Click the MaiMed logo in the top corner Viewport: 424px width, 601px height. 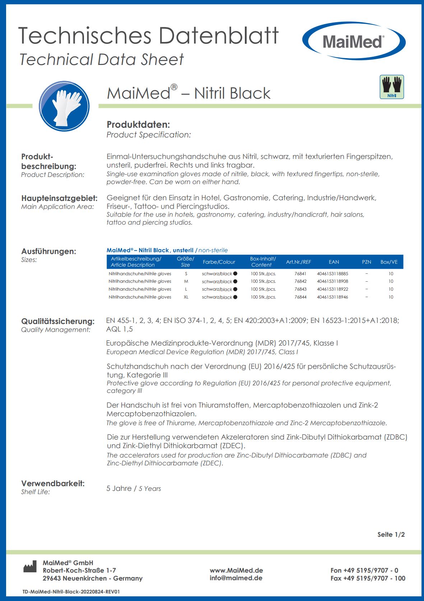[354, 42]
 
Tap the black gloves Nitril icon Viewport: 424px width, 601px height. [392, 86]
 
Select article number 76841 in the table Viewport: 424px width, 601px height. [300, 273]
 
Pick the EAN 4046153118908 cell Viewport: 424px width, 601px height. [332, 281]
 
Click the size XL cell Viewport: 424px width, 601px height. [186, 297]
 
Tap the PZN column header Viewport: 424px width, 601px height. [367, 262]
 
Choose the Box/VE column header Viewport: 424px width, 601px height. [389, 262]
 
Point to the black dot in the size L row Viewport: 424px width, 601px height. [235, 289]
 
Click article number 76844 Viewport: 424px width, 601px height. [300, 297]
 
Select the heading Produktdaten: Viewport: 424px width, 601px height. [138, 125]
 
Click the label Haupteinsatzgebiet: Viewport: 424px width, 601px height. [59, 198]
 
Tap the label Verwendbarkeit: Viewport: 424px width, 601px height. [53, 483]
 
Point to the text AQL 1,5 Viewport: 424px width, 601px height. [120, 329]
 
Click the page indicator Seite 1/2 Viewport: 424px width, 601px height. [391, 534]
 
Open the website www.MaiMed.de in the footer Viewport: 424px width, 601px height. [236, 570]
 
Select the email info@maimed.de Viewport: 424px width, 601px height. [236, 578]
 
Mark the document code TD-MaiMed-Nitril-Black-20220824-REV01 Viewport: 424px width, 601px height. [71, 592]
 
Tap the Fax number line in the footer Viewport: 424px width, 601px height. [368, 578]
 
